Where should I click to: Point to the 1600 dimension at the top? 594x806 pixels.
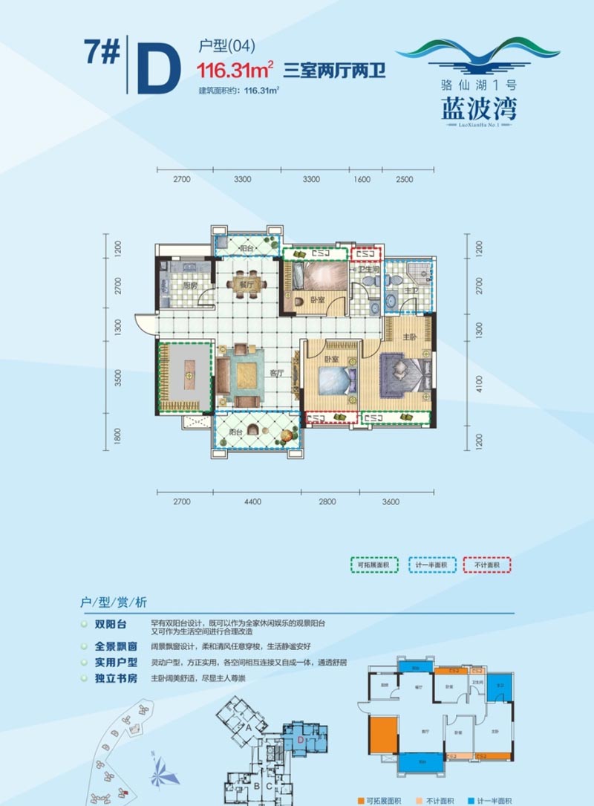(362, 179)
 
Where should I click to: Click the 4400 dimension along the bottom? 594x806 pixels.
(252, 502)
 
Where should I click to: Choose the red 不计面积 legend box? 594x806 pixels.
(487, 566)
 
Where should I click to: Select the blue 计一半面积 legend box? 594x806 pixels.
(430, 566)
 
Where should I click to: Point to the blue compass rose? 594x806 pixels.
(165, 773)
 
